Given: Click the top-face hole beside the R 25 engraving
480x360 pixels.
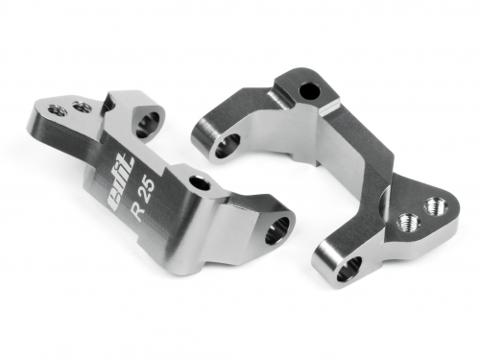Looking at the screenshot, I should click(201, 183).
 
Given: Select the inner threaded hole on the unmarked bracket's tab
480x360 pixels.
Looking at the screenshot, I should click(406, 224).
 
